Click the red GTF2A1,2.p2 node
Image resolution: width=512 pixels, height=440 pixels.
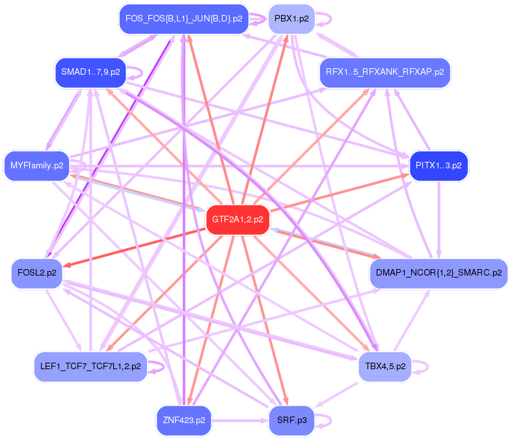[237, 220]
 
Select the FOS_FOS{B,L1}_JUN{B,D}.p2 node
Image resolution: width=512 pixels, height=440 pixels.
[183, 18]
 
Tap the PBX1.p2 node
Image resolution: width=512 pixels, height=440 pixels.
[291, 18]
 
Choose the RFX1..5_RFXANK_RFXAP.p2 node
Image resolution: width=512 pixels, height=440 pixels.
[384, 71]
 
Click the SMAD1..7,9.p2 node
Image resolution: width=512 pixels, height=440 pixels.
[90, 71]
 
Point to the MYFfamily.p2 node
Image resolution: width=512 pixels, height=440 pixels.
[37, 165]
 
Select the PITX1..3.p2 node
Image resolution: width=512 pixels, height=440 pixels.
[438, 165]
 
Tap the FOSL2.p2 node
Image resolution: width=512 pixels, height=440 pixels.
[36, 273]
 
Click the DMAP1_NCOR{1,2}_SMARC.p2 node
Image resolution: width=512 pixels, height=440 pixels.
[438, 273]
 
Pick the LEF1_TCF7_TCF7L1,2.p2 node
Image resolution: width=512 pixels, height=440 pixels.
[90, 366]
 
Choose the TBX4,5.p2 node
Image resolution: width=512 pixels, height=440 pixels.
[384, 366]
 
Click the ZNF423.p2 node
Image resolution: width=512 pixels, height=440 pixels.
[183, 420]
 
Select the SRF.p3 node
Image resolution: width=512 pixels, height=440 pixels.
[291, 420]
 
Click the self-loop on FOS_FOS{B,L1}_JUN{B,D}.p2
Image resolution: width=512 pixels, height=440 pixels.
[260, 18]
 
